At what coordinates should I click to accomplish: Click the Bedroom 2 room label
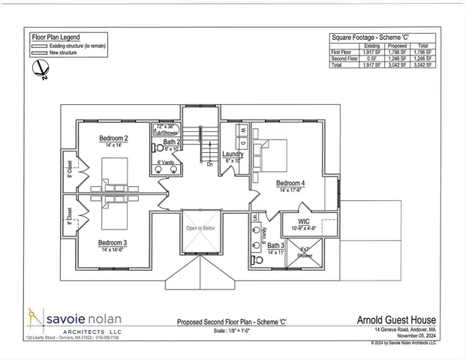114,138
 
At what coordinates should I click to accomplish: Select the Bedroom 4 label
290,183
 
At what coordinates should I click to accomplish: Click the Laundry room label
233,154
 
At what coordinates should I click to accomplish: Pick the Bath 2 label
172,142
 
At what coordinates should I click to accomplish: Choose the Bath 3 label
275,245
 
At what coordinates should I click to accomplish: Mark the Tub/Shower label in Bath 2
165,131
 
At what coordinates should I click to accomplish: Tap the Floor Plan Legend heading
56,37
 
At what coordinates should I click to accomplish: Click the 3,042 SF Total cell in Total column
423,65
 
